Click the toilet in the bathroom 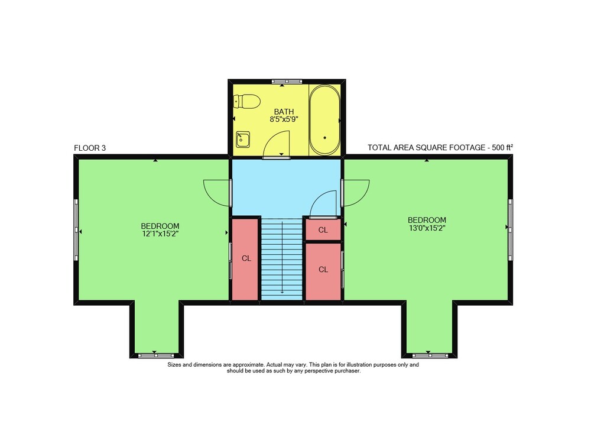[x=246, y=102]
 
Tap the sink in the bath [x=243, y=139]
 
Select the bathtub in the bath [x=324, y=120]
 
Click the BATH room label [x=284, y=112]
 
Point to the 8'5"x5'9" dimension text [x=284, y=119]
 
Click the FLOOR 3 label [x=90, y=148]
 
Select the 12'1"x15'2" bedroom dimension [x=160, y=234]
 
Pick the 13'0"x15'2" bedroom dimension [x=427, y=228]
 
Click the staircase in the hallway [x=282, y=259]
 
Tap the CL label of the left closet [x=246, y=258]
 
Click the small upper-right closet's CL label [x=323, y=230]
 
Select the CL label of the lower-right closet [x=323, y=270]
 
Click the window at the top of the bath [x=287, y=81]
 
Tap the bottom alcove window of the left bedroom [x=155, y=355]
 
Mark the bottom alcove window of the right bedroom [x=430, y=355]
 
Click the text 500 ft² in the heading [x=503, y=147]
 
